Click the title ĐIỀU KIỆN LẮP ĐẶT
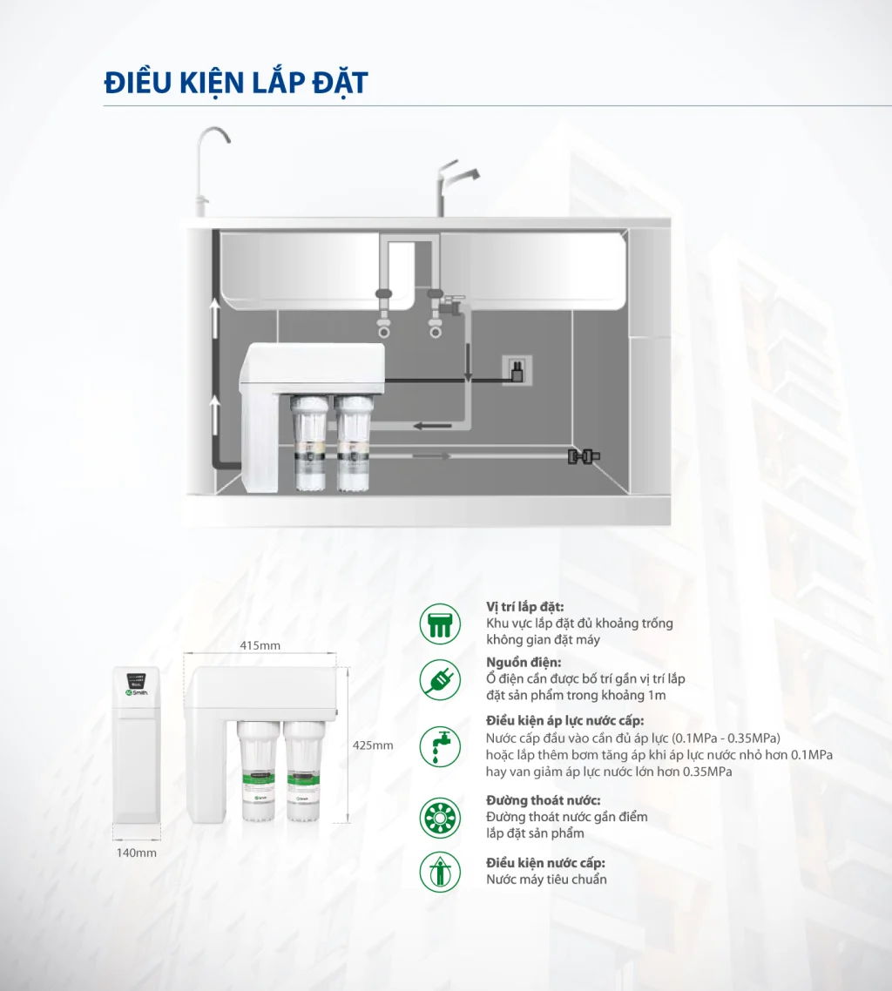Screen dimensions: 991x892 point(235,84)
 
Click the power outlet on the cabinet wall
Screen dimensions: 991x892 point(517,371)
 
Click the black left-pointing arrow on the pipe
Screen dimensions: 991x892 point(432,425)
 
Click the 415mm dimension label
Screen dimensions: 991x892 point(260,645)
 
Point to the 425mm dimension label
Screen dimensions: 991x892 point(372,745)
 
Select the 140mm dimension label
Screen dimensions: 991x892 point(137,853)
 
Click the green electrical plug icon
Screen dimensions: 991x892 point(439,679)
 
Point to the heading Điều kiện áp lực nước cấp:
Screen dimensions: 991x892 point(564,721)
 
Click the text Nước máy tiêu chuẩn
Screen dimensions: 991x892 point(546,880)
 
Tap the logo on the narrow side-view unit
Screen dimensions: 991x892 point(137,691)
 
